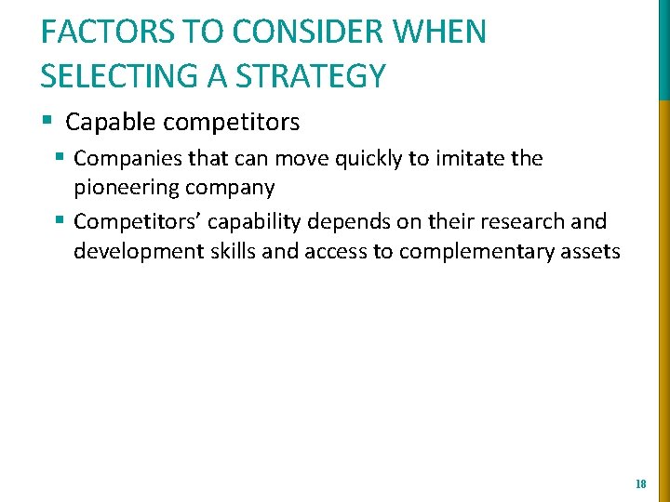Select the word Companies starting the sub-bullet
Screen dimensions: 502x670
point(124,159)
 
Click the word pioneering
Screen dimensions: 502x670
point(131,188)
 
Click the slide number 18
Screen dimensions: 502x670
point(640,484)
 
